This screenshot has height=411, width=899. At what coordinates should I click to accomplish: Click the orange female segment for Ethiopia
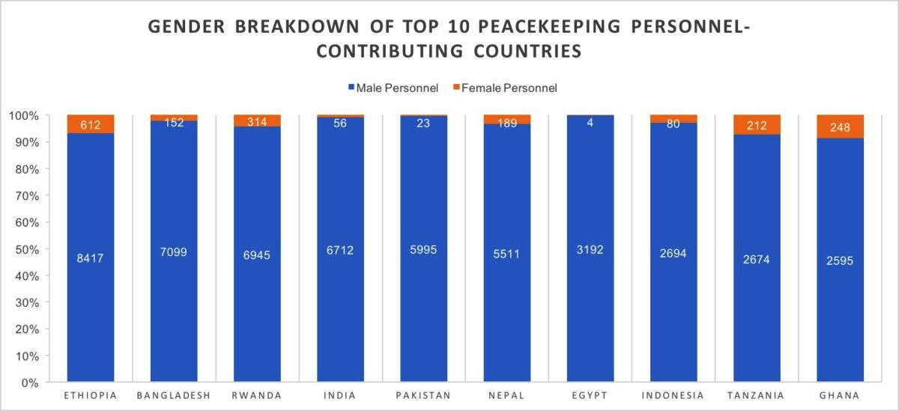click(x=91, y=124)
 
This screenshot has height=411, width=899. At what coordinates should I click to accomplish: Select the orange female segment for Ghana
click(x=840, y=127)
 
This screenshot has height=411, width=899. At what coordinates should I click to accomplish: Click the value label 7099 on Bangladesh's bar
click(x=173, y=252)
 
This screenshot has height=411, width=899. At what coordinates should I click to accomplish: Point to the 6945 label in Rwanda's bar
click(x=257, y=255)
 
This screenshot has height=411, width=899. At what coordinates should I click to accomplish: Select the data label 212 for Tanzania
click(x=757, y=125)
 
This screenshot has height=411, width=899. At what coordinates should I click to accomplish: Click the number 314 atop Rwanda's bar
click(x=257, y=122)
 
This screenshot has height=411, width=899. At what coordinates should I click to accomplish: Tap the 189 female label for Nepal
click(x=506, y=122)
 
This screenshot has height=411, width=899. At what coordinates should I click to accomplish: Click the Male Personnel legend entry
click(x=392, y=88)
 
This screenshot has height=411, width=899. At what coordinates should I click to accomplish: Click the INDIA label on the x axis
click(x=340, y=395)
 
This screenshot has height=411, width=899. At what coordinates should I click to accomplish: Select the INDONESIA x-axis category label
click(x=673, y=395)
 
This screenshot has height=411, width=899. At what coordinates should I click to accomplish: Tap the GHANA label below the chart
click(x=840, y=395)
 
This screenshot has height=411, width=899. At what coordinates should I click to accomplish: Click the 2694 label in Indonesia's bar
click(x=673, y=254)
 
